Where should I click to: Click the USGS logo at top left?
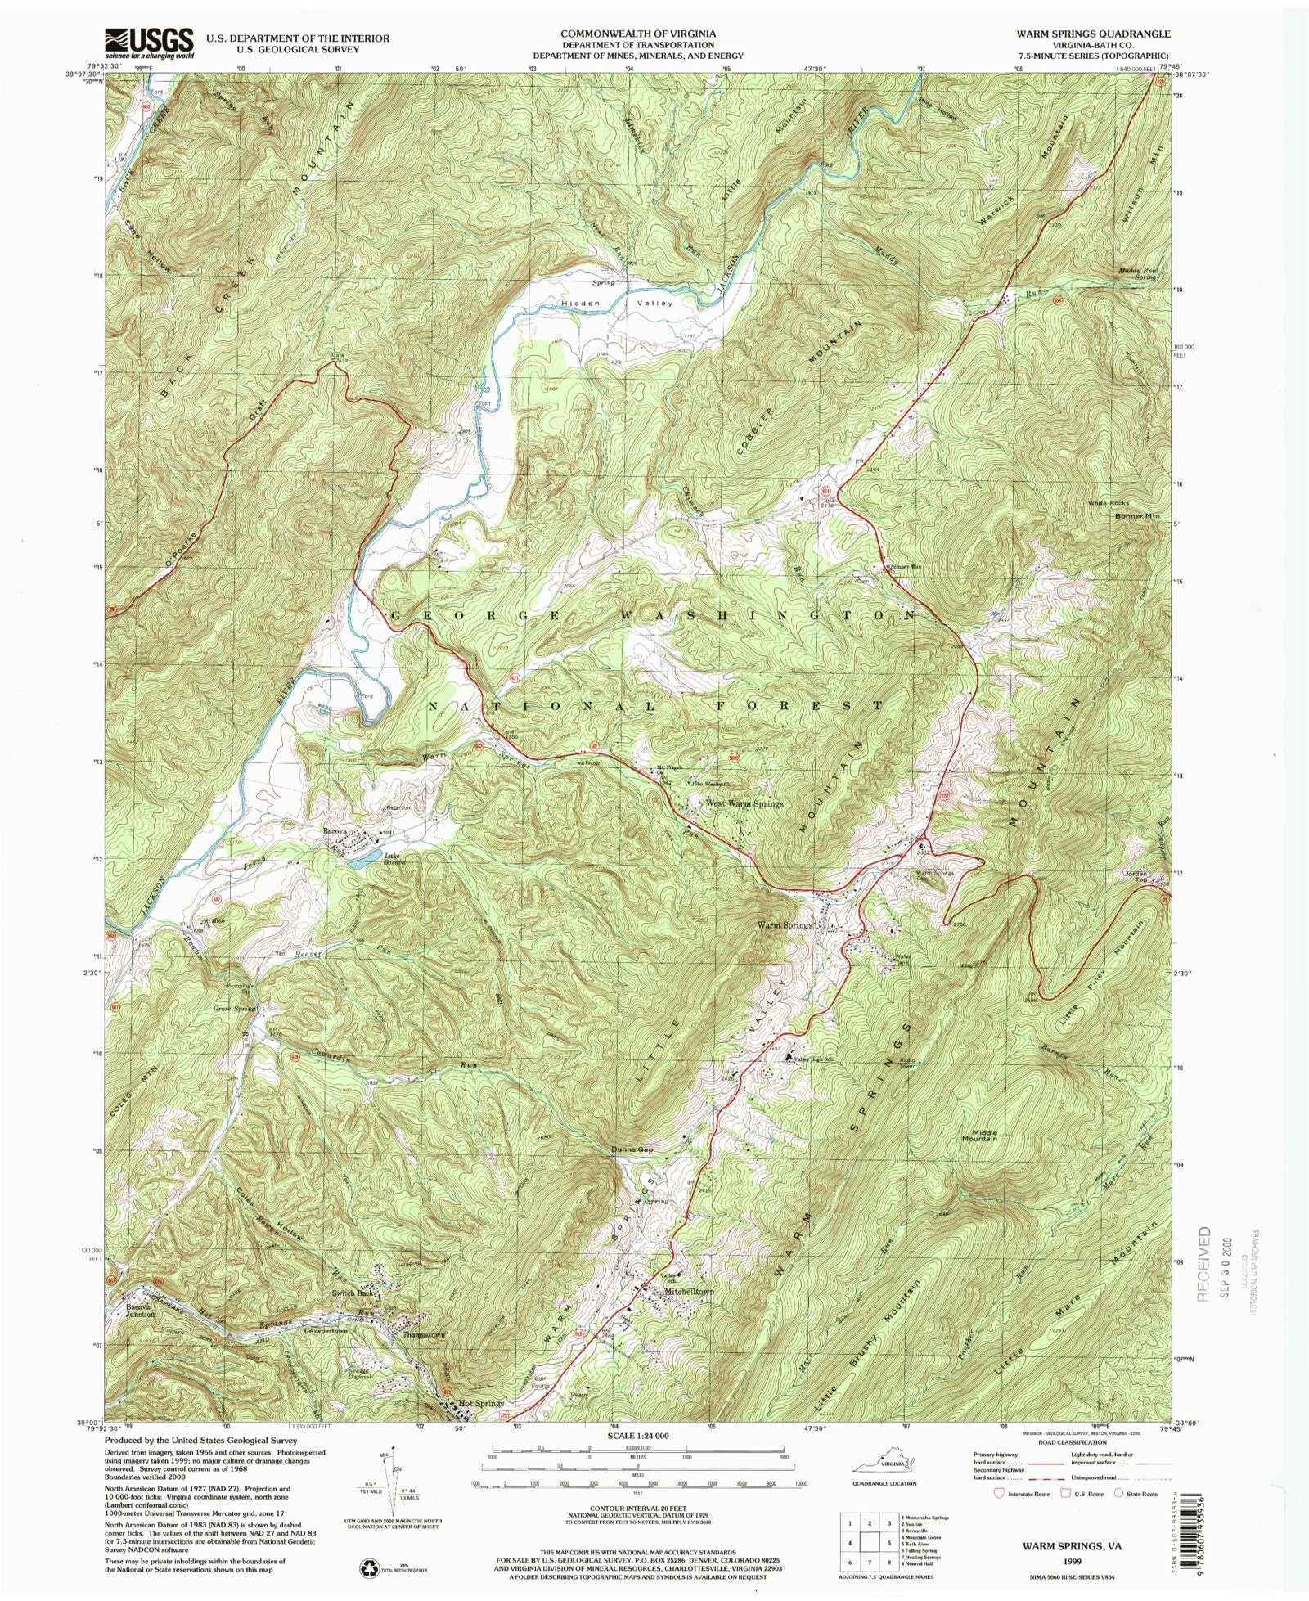coord(149,42)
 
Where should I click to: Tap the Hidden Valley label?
coord(617,304)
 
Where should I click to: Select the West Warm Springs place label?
coord(744,803)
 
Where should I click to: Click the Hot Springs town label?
coord(481,1403)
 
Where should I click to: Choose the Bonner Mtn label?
coord(1137,516)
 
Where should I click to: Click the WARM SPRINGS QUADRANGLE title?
coord(1093,34)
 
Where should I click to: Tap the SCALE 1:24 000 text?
coord(637,1436)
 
